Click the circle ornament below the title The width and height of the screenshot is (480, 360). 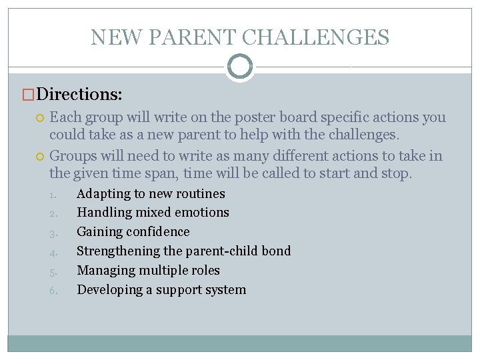[x=240, y=66]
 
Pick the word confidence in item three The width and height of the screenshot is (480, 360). [x=159, y=232]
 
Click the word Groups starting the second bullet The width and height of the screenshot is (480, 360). [x=73, y=157]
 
